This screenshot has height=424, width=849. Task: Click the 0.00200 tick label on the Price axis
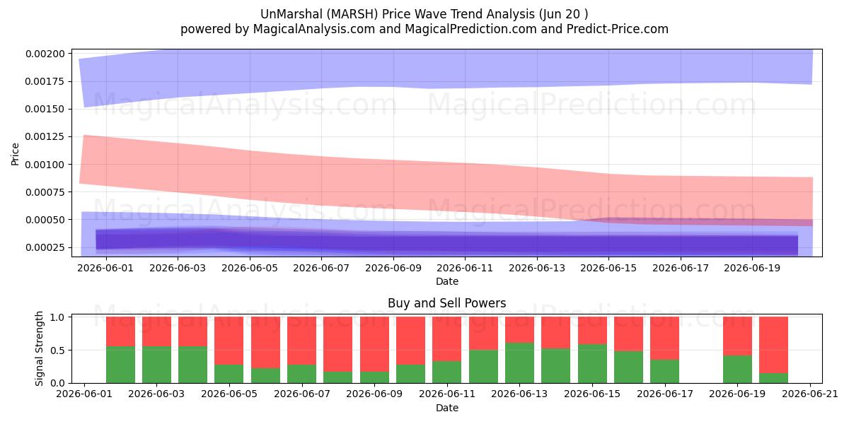pyautogui.click(x=45, y=54)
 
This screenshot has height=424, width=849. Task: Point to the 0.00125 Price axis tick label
pyautogui.click(x=45, y=136)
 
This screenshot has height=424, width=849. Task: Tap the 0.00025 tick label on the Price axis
pyautogui.click(x=45, y=247)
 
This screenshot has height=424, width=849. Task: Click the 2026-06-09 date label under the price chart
pyautogui.click(x=393, y=268)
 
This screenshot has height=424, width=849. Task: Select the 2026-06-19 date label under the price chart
pyautogui.click(x=752, y=268)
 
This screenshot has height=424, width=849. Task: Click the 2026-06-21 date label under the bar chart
pyautogui.click(x=810, y=394)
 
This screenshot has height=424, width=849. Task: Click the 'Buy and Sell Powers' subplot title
pyautogui.click(x=447, y=303)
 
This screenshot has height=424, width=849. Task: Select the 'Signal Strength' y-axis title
pyautogui.click(x=39, y=348)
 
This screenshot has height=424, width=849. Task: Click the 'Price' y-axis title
pyautogui.click(x=15, y=154)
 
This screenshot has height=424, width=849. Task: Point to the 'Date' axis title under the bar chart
pyautogui.click(x=447, y=408)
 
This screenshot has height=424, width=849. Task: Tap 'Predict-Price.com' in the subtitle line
pyautogui.click(x=618, y=29)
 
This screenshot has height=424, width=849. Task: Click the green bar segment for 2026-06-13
pyautogui.click(x=519, y=363)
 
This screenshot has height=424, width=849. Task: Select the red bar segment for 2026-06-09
pyautogui.click(x=374, y=344)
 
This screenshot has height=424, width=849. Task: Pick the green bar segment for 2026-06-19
pyautogui.click(x=737, y=369)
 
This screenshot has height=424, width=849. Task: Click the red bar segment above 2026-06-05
pyautogui.click(x=229, y=341)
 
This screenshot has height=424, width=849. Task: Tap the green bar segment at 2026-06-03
pyautogui.click(x=156, y=365)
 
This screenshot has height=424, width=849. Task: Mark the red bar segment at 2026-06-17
pyautogui.click(x=664, y=338)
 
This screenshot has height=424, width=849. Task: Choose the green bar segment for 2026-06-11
pyautogui.click(x=447, y=372)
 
